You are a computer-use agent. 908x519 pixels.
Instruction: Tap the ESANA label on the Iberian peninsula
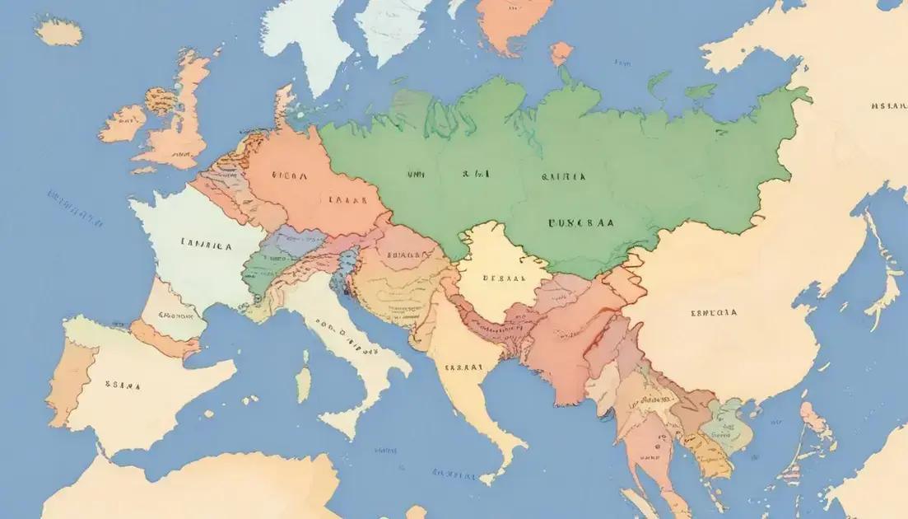click(123, 384)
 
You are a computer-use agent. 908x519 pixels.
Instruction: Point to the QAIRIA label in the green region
click(563, 176)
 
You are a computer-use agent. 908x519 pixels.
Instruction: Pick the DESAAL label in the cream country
click(503, 278)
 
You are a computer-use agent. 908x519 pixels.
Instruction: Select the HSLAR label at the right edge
click(887, 105)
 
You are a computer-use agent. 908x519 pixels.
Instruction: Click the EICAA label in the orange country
click(289, 175)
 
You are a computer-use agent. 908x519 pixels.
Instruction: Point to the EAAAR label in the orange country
click(347, 199)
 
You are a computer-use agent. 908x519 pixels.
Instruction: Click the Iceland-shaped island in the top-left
click(58, 31)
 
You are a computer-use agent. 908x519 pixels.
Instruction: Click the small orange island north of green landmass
click(561, 54)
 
